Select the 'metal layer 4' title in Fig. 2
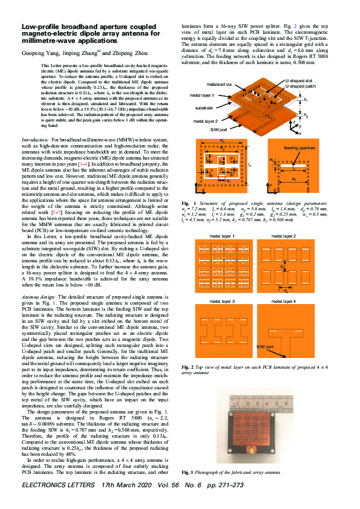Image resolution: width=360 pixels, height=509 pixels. tap(283, 301)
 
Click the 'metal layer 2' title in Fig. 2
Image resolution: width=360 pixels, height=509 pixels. tap(283, 235)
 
